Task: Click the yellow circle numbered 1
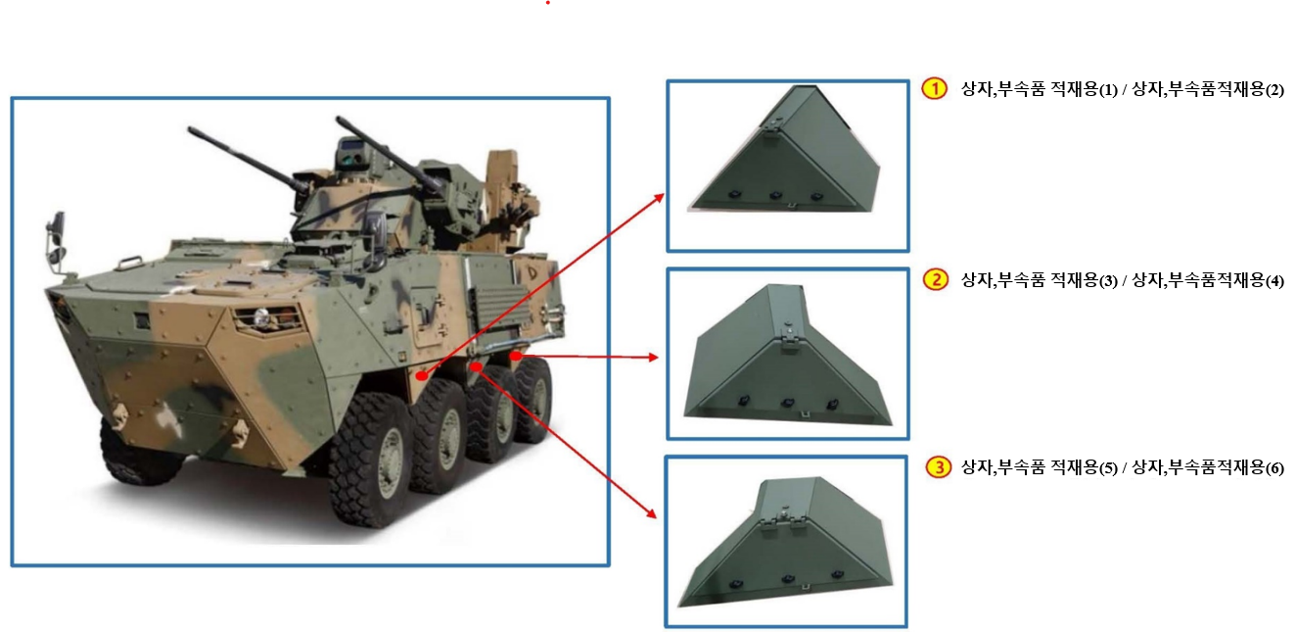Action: (x=934, y=88)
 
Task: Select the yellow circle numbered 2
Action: (x=935, y=280)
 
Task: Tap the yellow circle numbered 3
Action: (x=939, y=467)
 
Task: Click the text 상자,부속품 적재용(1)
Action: (x=1040, y=89)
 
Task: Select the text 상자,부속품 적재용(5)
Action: (x=1040, y=467)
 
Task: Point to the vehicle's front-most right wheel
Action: (x=369, y=459)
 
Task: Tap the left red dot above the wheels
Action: (x=422, y=376)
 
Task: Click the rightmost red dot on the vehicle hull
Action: (x=516, y=356)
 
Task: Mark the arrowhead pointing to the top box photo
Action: (x=659, y=198)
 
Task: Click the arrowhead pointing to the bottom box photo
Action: (x=652, y=513)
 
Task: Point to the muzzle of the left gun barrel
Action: (x=191, y=129)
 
